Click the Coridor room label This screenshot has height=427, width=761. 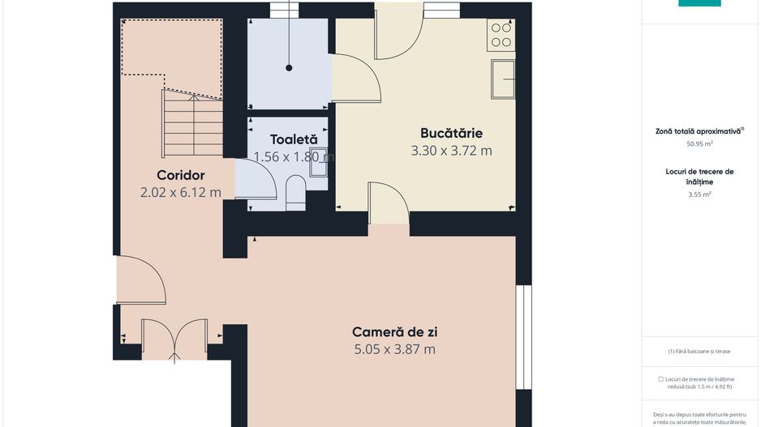[x=180, y=175]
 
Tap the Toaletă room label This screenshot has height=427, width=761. [x=293, y=139]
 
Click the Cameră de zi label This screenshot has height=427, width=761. [x=395, y=331]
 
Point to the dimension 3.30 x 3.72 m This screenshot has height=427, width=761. [x=451, y=151]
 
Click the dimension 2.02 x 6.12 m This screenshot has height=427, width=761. [x=180, y=193]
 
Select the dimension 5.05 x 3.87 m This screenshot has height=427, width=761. [x=395, y=349]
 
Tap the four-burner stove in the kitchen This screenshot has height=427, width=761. [x=501, y=34]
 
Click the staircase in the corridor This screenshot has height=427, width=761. [x=193, y=123]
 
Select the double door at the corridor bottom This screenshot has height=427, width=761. [x=174, y=339]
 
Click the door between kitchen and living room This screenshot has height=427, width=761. [x=388, y=203]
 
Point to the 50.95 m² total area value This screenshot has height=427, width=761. [x=699, y=144]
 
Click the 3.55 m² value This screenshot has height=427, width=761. [x=699, y=194]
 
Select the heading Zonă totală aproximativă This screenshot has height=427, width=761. [x=699, y=130]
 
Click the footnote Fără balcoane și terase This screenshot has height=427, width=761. [x=699, y=352]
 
